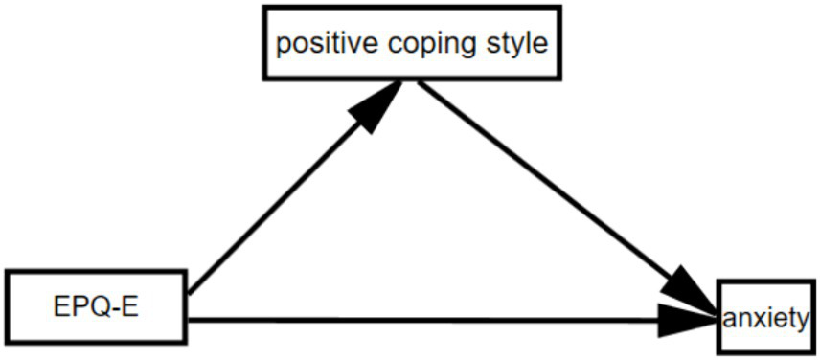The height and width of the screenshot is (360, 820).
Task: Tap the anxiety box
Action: pos(766,317)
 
